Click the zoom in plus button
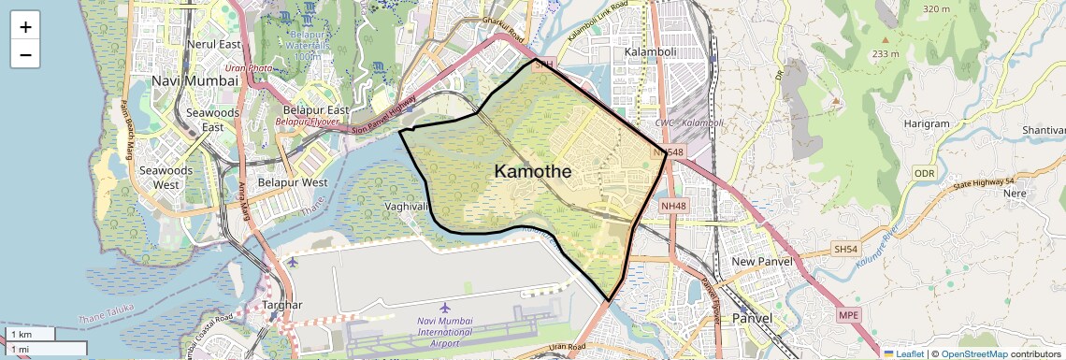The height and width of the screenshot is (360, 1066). click(25, 27)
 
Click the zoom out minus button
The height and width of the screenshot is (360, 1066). click(25, 55)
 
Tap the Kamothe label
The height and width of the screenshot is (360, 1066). click(533, 171)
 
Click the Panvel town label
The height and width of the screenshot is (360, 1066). click(752, 318)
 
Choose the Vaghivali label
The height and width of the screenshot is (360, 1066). click(406, 206)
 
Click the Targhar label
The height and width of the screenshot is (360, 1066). click(282, 305)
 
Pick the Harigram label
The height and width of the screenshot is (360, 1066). click(927, 123)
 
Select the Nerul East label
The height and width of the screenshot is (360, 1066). click(213, 44)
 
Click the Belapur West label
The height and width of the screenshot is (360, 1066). click(293, 182)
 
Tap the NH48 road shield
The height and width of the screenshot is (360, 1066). click(672, 205)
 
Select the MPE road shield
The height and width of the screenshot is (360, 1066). click(848, 315)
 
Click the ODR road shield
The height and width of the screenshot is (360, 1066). click(924, 173)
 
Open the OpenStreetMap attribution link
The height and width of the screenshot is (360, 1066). click(973, 354)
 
